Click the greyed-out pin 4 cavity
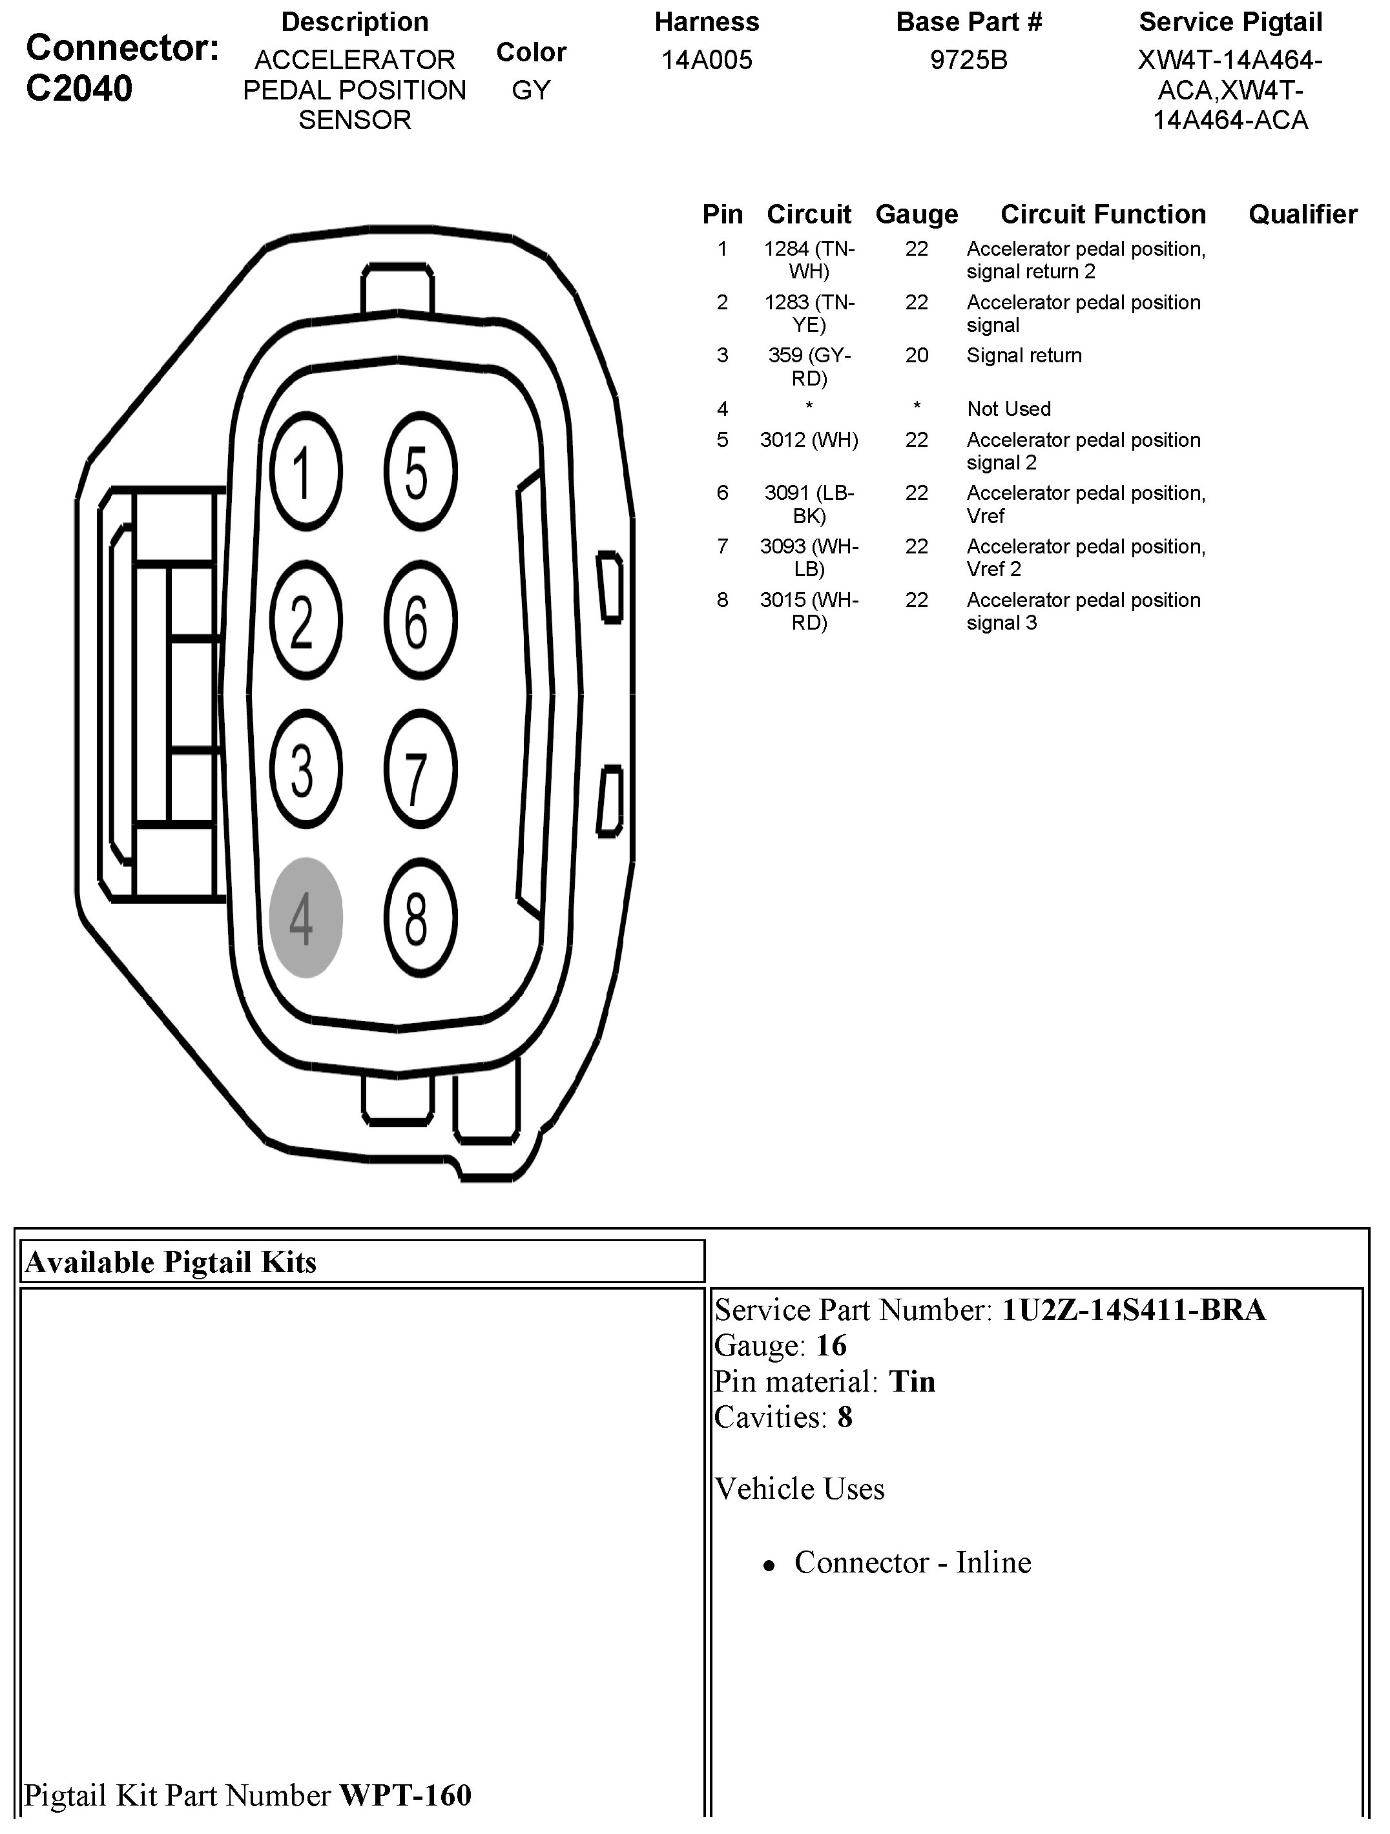point(306,917)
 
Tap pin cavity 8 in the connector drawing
point(420,917)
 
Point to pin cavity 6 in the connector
point(420,620)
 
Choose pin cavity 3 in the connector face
point(306,768)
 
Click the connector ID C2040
point(79,88)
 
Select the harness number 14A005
point(707,59)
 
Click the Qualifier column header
point(1302,214)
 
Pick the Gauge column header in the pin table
point(917,214)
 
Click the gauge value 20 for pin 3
point(917,355)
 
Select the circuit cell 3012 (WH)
point(809,439)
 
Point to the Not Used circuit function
point(1008,409)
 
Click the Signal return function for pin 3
point(1024,355)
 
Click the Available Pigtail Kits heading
point(171,1261)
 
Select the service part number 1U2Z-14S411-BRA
point(1133,1309)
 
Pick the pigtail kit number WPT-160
point(406,1795)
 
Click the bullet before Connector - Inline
point(770,1565)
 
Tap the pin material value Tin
point(911,1381)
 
